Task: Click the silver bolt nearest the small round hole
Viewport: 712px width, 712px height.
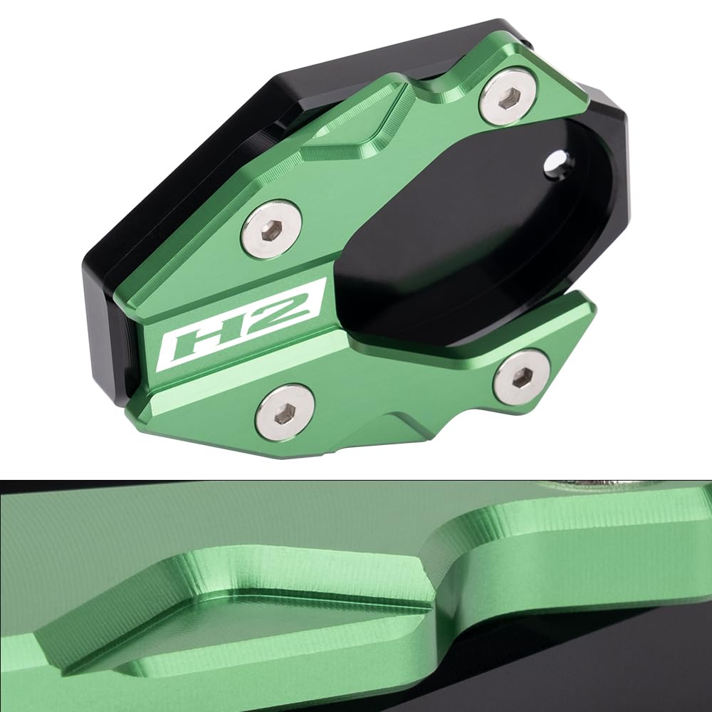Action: tap(506, 98)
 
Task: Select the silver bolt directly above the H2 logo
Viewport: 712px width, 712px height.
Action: tap(271, 229)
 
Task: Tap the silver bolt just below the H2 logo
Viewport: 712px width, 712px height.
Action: tap(285, 412)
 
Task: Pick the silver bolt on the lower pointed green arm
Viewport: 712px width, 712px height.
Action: tap(523, 377)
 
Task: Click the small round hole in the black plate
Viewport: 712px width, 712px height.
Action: tap(556, 162)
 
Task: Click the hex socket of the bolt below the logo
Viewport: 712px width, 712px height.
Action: tap(285, 412)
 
